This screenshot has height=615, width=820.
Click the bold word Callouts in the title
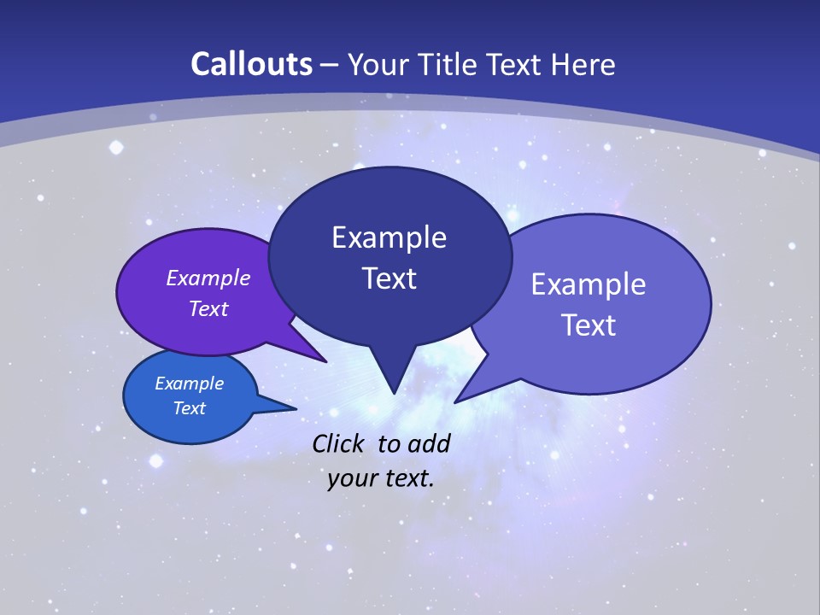251,64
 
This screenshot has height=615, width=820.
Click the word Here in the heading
583,64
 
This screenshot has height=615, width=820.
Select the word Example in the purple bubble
208,278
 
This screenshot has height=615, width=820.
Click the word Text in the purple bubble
208,308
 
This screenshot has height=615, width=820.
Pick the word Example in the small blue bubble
190,384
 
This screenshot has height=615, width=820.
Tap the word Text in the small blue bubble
190,408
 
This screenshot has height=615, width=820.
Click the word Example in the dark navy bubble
389,237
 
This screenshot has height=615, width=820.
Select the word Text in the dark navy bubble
389,278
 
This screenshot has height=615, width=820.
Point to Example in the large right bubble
589,284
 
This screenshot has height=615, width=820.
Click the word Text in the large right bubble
589,325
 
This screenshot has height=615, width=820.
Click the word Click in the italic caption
339,443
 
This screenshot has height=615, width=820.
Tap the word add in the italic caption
429,443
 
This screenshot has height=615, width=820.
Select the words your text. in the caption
381,478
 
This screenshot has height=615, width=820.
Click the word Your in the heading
377,64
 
